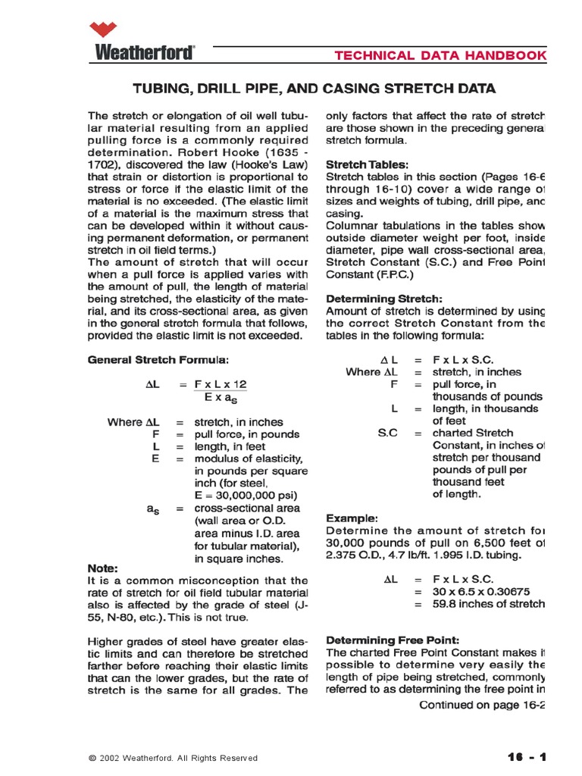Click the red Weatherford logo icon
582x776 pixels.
tap(104, 30)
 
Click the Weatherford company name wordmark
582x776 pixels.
tap(144, 52)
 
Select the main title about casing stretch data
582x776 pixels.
tap(314, 89)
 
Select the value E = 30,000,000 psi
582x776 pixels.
tap(240, 496)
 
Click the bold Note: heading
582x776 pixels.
tap(103, 568)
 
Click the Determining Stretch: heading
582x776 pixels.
tap(383, 299)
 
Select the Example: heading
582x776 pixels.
tap(351, 518)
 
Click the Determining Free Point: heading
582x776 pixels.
tap(392, 640)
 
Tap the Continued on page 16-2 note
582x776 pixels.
tap(483, 705)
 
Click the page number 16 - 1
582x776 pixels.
tap(526, 756)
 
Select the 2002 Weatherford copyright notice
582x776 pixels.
tap(173, 758)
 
